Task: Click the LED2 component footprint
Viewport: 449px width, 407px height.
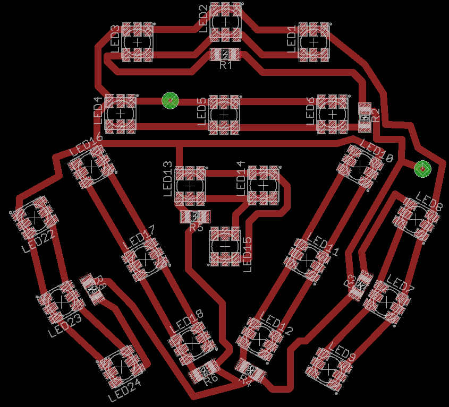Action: click(225, 22)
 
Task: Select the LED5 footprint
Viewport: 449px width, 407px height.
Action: click(224, 114)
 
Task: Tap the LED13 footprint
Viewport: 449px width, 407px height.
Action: click(190, 186)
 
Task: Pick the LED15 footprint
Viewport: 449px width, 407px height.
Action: click(225, 247)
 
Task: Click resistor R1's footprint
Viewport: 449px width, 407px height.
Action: click(225, 54)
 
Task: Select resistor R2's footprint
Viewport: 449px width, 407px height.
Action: click(365, 117)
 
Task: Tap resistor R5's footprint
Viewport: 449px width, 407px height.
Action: click(195, 217)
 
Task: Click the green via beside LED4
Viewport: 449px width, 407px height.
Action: click(170, 99)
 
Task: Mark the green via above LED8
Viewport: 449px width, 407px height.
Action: click(422, 169)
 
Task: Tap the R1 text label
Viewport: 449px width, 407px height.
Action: click(226, 65)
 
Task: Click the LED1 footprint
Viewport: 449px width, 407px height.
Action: click(314, 41)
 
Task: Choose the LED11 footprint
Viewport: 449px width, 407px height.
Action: click(307, 259)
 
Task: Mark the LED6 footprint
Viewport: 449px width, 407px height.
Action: click(333, 114)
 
